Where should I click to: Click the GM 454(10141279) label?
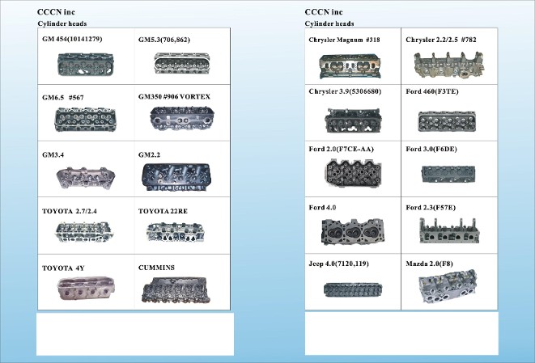tap(72, 39)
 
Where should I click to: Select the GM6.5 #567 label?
tap(63, 98)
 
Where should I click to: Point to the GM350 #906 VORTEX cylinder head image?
tap(182, 118)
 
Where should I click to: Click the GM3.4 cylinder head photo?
tap(86, 177)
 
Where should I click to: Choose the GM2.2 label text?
tap(149, 154)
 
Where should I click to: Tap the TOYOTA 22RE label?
tap(163, 211)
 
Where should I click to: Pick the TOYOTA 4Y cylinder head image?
tap(86, 289)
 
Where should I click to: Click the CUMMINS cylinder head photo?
tap(176, 290)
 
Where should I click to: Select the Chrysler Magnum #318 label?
tap(344, 40)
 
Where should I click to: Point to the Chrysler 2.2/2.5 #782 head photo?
tap(449, 65)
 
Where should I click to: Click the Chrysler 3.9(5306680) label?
tap(345, 91)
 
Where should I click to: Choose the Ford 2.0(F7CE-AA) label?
tap(342, 149)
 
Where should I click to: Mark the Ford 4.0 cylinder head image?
tap(352, 232)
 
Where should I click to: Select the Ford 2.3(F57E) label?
tap(431, 208)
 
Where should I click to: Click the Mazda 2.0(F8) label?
tap(429, 264)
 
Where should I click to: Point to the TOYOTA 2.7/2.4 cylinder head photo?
tap(84, 232)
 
